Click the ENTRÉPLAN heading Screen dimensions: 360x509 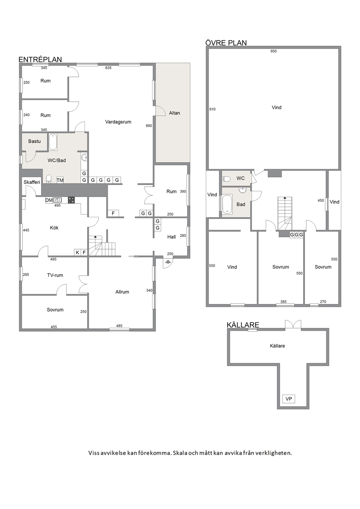tap(40, 59)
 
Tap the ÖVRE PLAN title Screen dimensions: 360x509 tap(226, 43)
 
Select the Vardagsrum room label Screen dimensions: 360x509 tap(118, 122)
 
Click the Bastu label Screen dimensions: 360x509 tap(34, 141)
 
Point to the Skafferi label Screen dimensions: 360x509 tap(32, 182)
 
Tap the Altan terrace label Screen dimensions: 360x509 tap(175, 113)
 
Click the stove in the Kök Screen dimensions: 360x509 tap(71, 200)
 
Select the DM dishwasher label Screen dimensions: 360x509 tap(49, 200)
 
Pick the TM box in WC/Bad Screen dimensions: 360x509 tap(60, 180)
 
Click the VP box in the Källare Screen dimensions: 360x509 tap(289, 399)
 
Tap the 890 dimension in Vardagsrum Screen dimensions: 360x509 tap(149, 126)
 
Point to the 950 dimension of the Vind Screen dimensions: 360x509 tap(273, 51)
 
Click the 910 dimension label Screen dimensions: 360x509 tap(212, 109)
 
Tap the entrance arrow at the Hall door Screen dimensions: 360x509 tap(168, 262)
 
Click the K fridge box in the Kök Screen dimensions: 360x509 tap(78, 252)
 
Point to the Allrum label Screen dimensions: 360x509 tap(122, 292)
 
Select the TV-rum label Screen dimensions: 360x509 tap(55, 275)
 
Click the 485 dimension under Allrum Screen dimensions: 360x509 tap(119, 326)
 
